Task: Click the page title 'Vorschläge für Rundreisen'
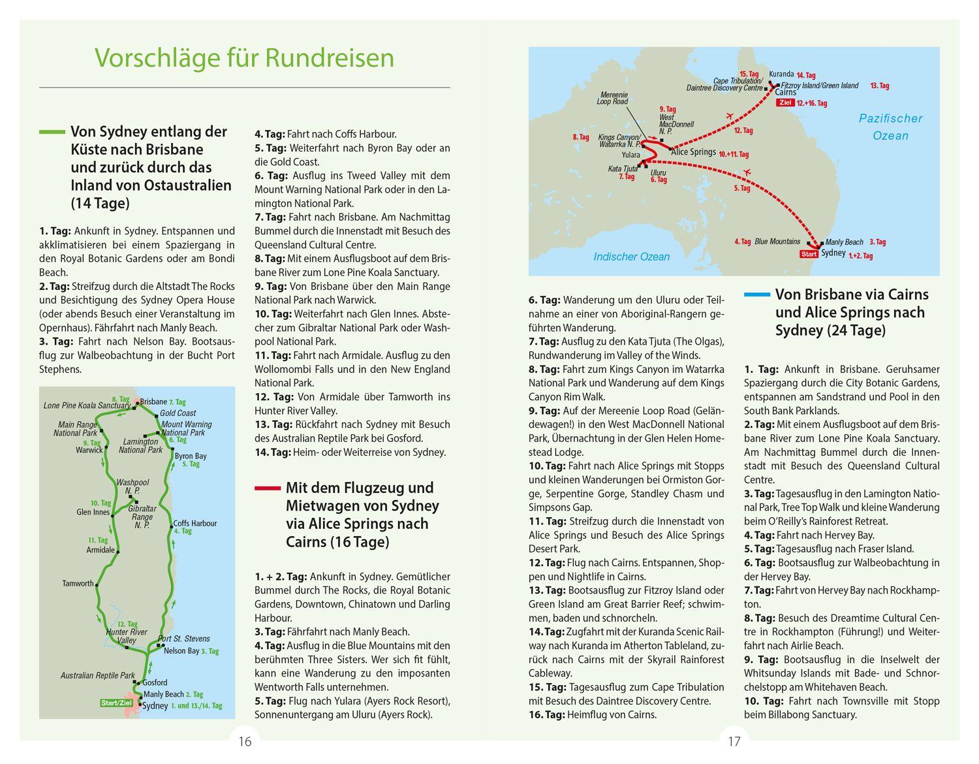[245, 57]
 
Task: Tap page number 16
[245, 741]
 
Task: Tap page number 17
[734, 741]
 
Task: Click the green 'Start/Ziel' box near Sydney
[116, 703]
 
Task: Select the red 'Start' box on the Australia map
[809, 254]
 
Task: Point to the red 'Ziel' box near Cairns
[785, 103]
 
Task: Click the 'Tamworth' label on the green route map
[78, 583]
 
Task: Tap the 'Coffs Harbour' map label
[194, 523]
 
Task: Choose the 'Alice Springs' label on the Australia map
[693, 152]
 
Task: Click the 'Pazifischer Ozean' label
[891, 127]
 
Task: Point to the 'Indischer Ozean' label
[631, 257]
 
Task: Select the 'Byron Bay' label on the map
[191, 456]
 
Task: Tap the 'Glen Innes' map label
[93, 512]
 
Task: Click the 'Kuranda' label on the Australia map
[781, 74]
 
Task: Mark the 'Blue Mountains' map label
[777, 242]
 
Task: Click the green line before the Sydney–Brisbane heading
[52, 132]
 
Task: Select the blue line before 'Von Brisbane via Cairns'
[756, 294]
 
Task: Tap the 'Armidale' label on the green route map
[101, 550]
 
